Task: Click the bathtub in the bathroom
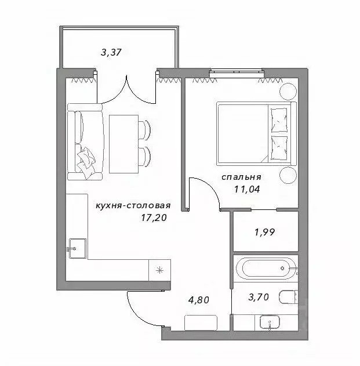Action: (266, 269)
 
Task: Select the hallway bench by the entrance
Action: (201, 323)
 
